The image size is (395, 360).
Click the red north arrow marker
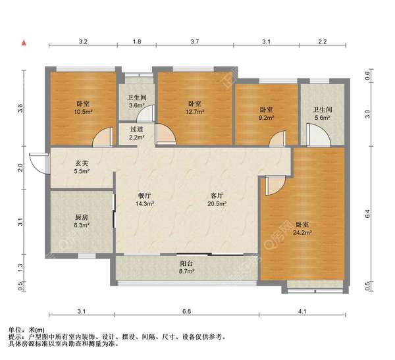click(x=24, y=43)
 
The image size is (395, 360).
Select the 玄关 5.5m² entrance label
click(x=82, y=167)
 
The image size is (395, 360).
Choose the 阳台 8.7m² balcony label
click(x=187, y=267)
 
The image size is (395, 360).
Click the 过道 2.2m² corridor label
click(x=136, y=134)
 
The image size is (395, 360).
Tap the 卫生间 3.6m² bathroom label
click(x=136, y=101)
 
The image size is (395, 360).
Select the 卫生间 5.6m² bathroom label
click(x=322, y=113)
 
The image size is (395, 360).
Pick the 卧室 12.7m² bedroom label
click(x=194, y=107)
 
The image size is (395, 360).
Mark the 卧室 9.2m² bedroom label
click(x=266, y=113)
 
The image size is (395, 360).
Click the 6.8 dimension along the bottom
click(x=187, y=311)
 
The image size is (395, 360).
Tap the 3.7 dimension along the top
click(x=195, y=42)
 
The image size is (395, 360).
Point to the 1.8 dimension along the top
click(x=136, y=42)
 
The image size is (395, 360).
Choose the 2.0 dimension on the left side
click(x=21, y=167)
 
